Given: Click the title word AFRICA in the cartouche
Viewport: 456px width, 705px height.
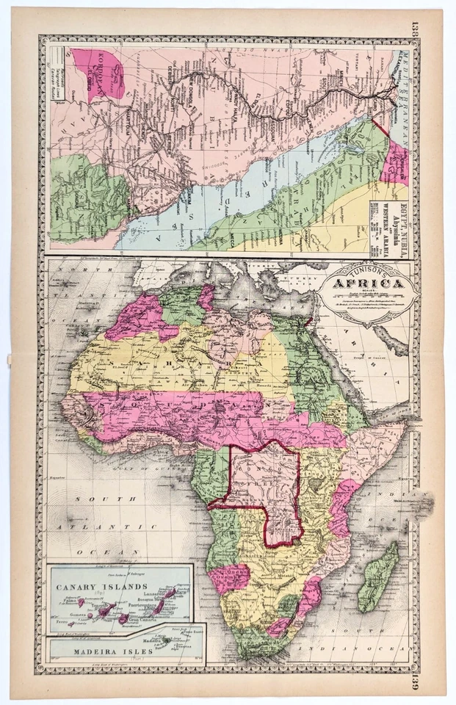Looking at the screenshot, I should [369, 284].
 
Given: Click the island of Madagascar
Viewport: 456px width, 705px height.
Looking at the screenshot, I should [380, 578].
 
